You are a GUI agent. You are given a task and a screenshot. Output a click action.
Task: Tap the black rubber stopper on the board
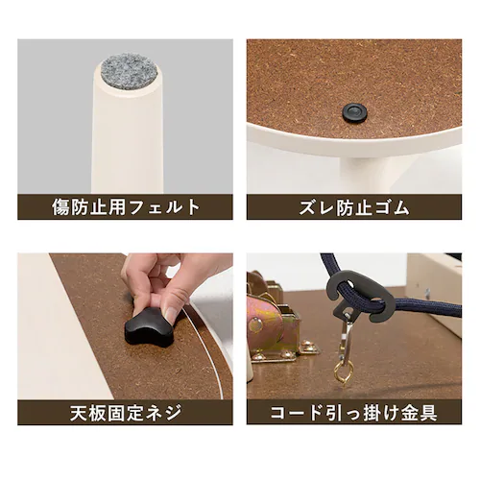[x=354, y=113]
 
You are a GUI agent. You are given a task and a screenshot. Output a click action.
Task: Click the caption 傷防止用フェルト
[x=125, y=206]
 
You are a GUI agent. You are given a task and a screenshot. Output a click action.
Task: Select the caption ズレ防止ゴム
[x=354, y=206]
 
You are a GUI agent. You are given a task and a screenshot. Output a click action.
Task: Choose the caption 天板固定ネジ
[x=125, y=413]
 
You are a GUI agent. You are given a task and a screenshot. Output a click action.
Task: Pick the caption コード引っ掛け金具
[x=354, y=413]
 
